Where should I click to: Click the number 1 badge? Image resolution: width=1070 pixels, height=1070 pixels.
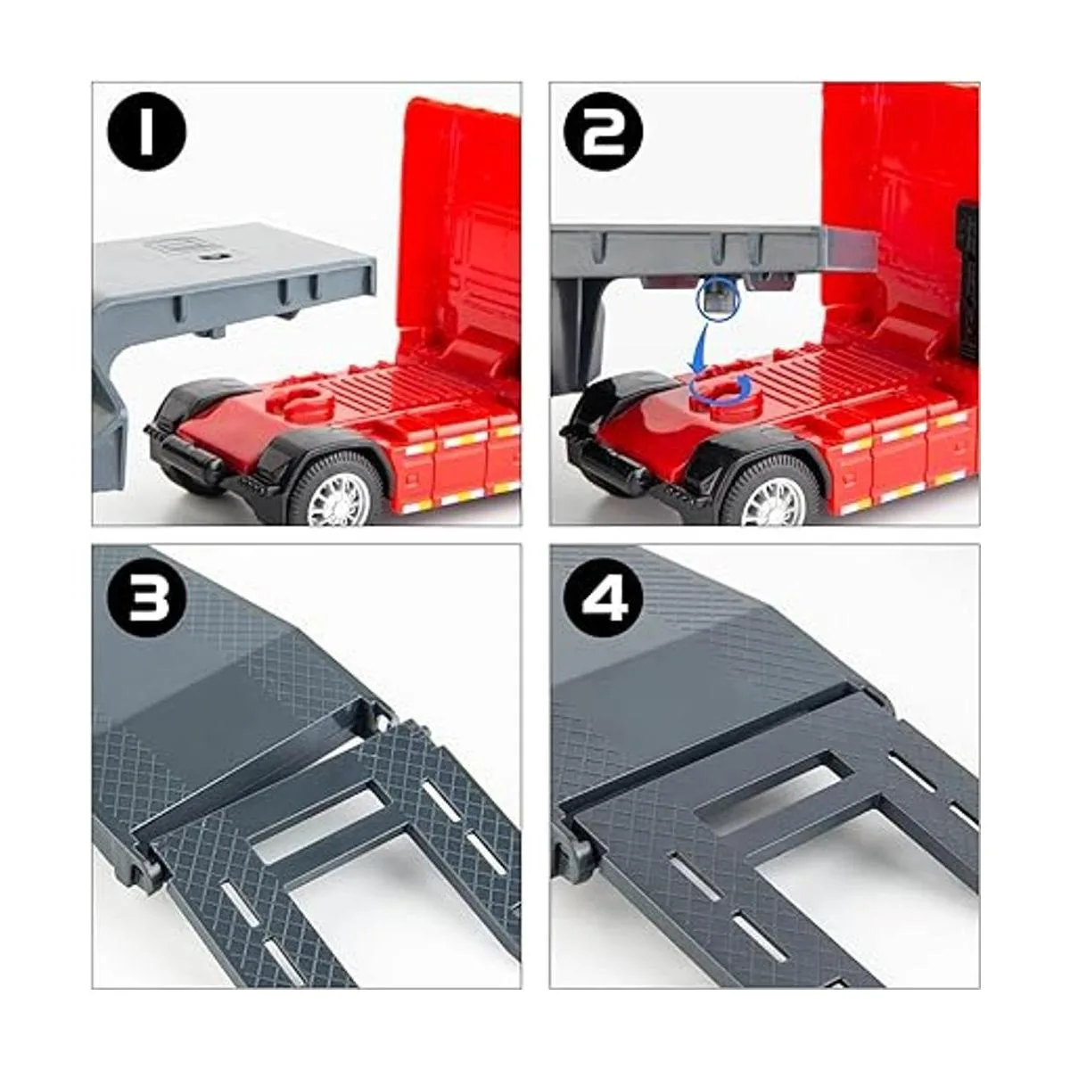tap(146, 132)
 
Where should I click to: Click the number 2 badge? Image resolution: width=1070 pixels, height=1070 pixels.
tap(603, 132)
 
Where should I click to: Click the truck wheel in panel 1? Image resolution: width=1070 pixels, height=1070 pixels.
tap(338, 491)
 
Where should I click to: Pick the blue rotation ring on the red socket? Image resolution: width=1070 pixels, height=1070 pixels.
tap(719, 388)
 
